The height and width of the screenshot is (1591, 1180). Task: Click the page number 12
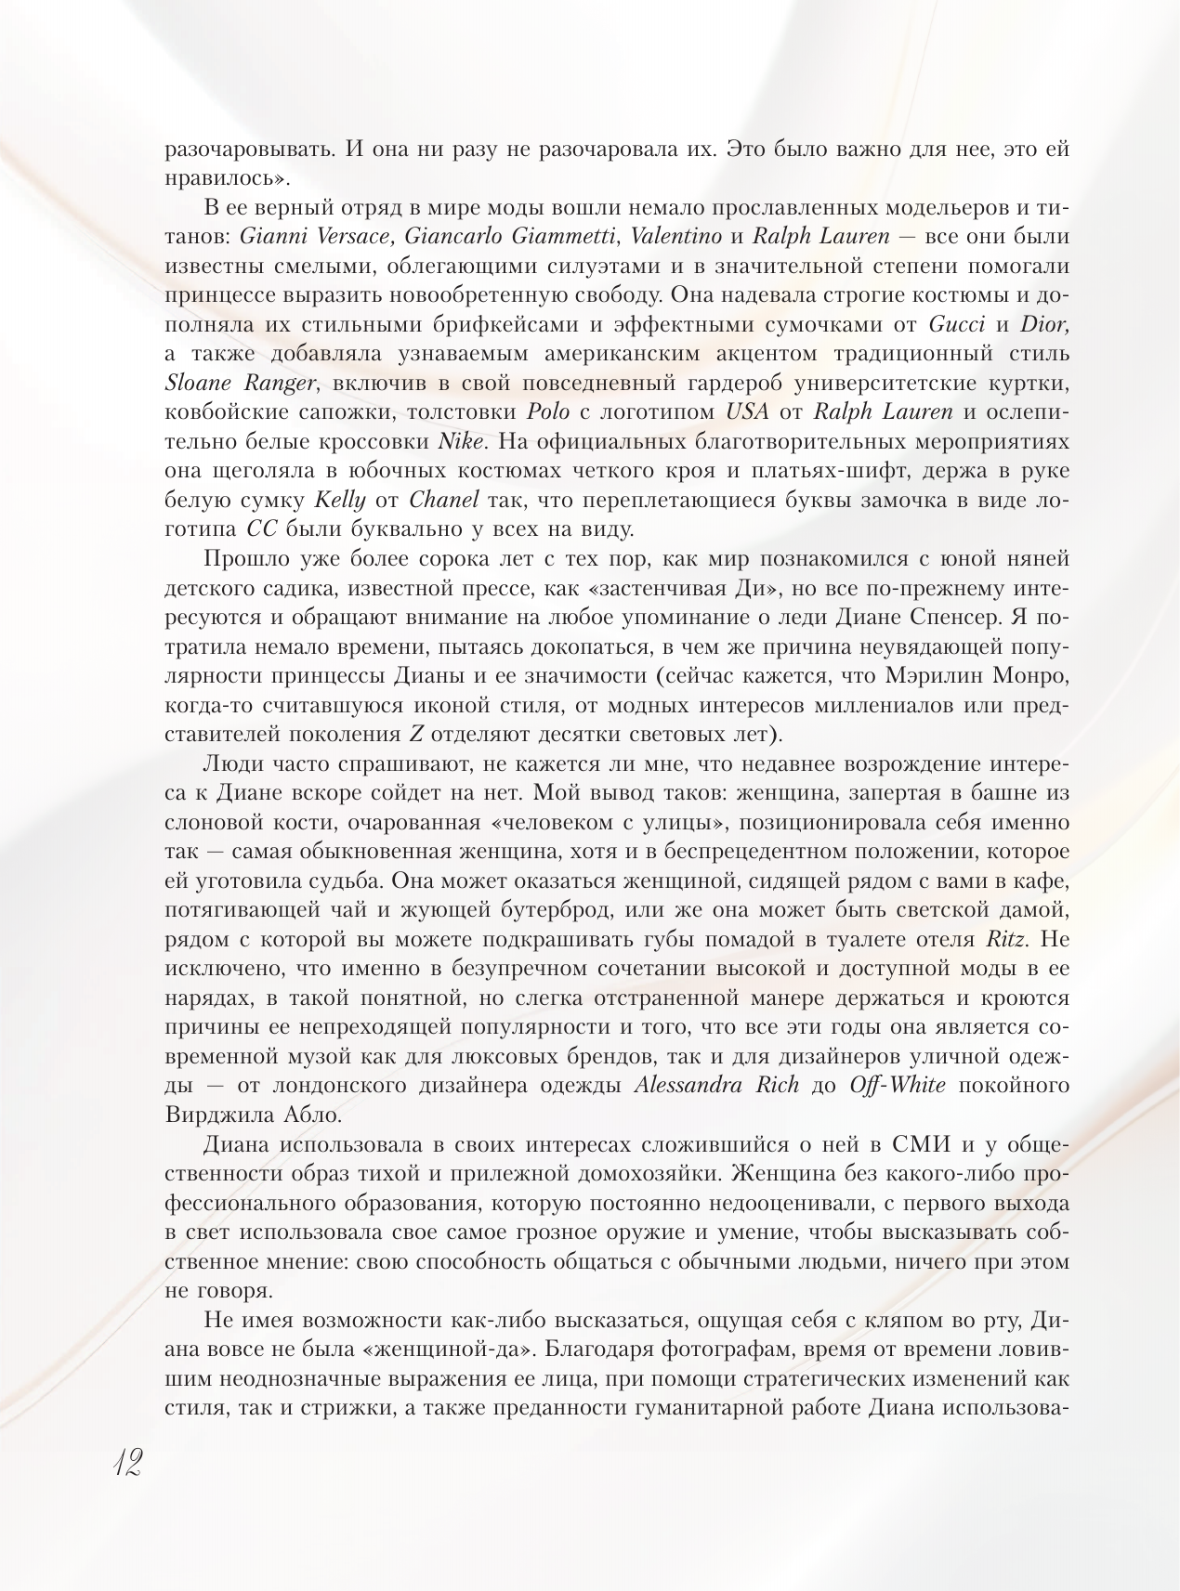[124, 1464]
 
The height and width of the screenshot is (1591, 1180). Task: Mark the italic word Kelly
[342, 502]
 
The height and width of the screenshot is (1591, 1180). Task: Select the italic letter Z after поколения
[417, 735]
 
